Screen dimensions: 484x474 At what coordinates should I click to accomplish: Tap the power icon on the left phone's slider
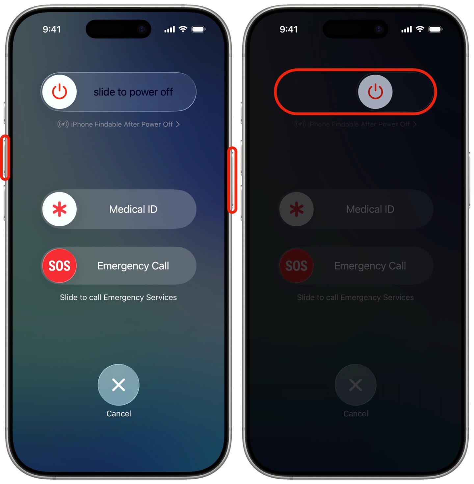tap(60, 92)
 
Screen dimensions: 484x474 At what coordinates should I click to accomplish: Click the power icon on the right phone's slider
tap(375, 92)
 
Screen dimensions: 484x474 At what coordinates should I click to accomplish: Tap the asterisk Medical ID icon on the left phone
tap(60, 209)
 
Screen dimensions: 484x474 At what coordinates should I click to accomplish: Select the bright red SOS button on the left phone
tap(60, 266)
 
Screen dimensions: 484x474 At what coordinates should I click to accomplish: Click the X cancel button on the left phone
tap(118, 385)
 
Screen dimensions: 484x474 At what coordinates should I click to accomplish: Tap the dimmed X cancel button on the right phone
tap(355, 385)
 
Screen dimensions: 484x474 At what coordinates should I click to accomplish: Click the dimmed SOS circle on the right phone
tap(296, 266)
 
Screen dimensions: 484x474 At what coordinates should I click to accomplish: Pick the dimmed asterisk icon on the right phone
tap(296, 209)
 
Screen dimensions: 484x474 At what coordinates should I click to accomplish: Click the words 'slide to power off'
tap(133, 92)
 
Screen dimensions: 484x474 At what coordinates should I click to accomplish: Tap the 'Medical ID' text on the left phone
tap(133, 209)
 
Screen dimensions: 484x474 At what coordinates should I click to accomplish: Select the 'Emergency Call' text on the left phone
tap(133, 266)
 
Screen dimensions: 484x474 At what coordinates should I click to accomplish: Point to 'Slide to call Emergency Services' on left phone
tap(118, 297)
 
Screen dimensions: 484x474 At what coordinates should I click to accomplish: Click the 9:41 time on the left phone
tap(52, 29)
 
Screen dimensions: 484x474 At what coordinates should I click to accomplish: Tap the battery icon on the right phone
tap(435, 29)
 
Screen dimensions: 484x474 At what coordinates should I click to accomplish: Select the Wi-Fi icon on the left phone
tap(183, 29)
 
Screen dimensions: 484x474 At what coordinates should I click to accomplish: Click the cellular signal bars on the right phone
tap(407, 30)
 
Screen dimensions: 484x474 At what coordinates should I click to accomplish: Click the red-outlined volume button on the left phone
tap(5, 157)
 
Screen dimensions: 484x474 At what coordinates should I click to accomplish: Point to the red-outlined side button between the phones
tap(232, 180)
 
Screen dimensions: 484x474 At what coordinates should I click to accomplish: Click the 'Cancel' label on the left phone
tap(118, 414)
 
